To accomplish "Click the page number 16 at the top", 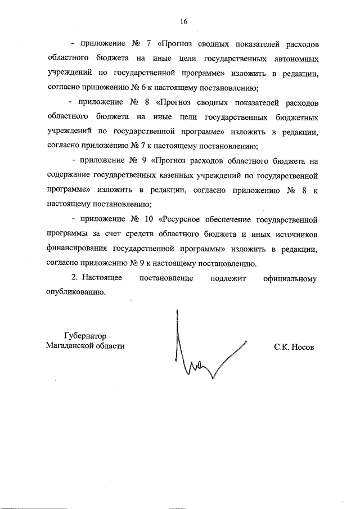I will tap(183, 21).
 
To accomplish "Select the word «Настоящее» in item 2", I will tap(102, 278).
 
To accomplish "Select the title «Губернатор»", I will tap(84, 336).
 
